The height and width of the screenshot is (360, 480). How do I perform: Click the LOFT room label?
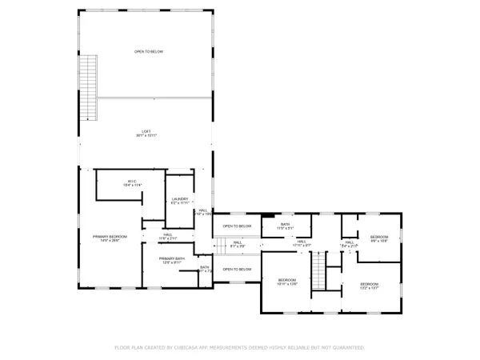146,132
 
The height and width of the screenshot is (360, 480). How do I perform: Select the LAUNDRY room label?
180,199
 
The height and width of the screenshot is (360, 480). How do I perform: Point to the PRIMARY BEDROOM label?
110,237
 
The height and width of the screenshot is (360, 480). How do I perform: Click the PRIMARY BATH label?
171,258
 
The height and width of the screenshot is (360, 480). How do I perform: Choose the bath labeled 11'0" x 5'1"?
285,225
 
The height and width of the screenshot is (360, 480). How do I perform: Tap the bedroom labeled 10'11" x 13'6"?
287,280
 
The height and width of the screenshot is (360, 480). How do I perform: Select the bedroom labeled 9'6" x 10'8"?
378,237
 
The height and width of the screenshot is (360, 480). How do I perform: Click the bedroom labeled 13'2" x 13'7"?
369,284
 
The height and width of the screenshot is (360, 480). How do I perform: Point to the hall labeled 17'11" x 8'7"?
302,241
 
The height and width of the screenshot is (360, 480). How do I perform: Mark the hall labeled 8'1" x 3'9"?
238,242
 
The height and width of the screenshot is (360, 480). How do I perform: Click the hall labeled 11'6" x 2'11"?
168,235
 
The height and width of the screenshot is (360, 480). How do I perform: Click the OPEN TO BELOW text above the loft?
149,51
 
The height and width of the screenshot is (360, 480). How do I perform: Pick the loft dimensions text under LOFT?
146,136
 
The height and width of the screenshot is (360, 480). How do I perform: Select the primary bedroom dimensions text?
110,241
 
